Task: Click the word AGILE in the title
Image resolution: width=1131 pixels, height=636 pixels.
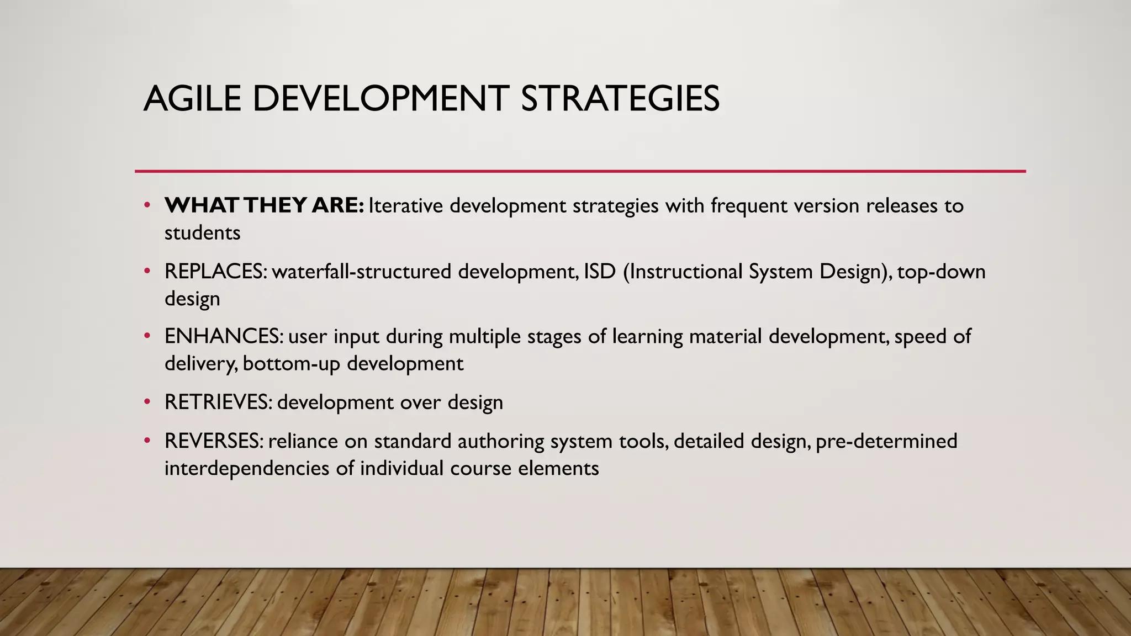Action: (192, 99)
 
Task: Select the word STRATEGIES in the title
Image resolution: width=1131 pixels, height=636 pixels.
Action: (620, 99)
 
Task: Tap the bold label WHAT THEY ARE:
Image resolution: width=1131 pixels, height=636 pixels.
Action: (264, 205)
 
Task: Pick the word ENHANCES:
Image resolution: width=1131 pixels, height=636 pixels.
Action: (224, 336)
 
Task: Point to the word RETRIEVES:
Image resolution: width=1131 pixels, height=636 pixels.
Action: (218, 402)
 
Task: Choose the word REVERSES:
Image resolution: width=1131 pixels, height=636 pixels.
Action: (214, 441)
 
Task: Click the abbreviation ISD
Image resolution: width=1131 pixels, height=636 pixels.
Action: (599, 272)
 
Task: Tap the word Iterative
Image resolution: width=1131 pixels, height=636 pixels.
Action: (406, 205)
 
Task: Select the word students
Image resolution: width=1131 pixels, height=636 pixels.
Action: (202, 233)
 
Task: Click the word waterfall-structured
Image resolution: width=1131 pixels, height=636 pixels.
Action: (361, 272)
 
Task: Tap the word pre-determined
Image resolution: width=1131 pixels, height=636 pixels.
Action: (886, 441)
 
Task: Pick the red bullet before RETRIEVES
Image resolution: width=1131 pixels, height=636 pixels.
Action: (147, 402)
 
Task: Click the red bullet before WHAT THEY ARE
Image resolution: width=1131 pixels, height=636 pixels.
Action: (147, 205)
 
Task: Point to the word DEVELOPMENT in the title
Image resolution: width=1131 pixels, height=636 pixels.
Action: (380, 99)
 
